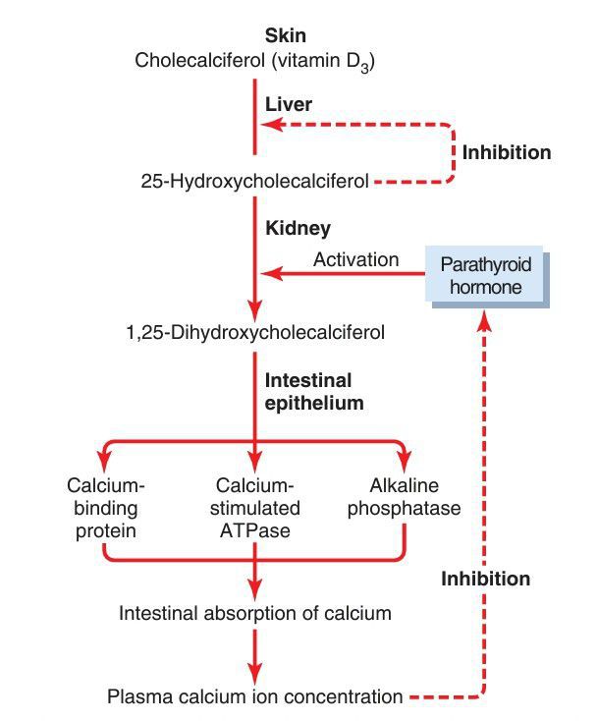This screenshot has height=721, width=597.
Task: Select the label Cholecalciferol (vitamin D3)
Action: click(x=255, y=62)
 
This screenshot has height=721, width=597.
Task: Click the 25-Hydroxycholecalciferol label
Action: click(x=255, y=182)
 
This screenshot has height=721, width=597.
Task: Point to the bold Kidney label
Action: click(x=298, y=228)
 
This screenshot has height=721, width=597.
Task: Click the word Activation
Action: click(x=356, y=260)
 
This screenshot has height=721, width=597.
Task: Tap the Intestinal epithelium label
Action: click(x=307, y=391)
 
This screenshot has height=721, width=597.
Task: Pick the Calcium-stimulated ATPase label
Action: click(x=255, y=509)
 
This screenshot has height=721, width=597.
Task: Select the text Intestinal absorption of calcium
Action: click(x=255, y=613)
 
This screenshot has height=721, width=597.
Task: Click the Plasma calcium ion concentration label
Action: click(x=255, y=697)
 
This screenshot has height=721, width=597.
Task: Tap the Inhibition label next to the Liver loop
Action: click(x=507, y=153)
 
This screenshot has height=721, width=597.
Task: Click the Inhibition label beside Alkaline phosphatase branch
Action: click(x=485, y=579)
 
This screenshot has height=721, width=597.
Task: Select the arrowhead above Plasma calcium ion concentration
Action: click(x=255, y=673)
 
